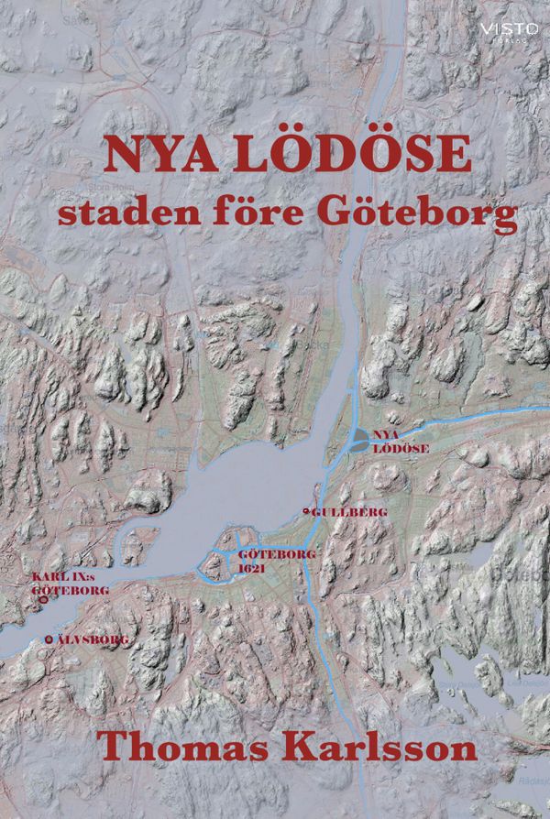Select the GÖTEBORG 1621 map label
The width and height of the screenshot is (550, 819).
(x=264, y=562)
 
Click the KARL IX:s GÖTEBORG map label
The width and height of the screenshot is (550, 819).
(x=70, y=584)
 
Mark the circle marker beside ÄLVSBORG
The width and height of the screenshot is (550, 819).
(x=49, y=639)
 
